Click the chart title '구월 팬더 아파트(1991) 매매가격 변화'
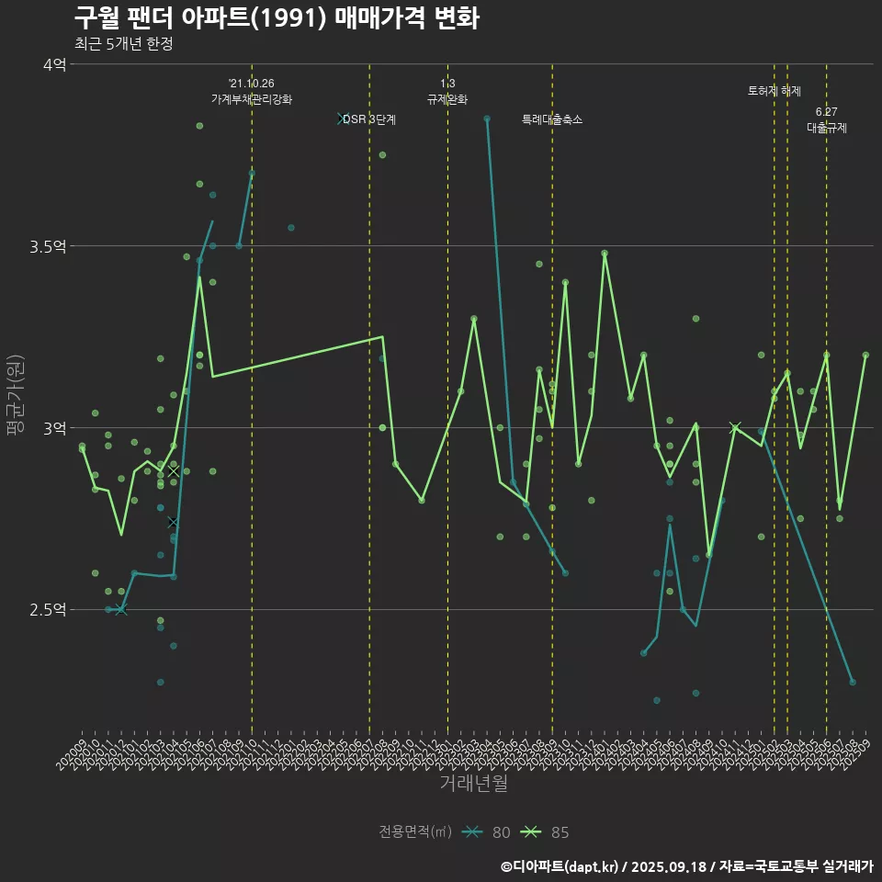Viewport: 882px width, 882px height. click(276, 18)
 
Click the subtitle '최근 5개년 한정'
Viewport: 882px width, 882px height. click(123, 44)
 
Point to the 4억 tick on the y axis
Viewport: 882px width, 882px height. click(53, 64)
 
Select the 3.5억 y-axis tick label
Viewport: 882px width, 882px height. click(48, 246)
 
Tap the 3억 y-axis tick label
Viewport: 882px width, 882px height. click(53, 428)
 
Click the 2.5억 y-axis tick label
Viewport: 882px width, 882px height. click(48, 610)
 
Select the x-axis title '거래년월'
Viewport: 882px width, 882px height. click(473, 784)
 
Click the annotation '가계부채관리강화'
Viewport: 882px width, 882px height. click(252, 99)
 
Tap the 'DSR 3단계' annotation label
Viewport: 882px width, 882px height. click(369, 119)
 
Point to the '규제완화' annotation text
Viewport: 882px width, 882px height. click(447, 99)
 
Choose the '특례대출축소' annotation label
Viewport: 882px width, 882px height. click(552, 119)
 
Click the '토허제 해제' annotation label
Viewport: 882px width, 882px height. click(775, 91)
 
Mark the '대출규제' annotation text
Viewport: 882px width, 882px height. click(827, 129)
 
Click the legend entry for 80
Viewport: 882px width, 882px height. click(487, 832)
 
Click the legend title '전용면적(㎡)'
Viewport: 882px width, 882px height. click(415, 832)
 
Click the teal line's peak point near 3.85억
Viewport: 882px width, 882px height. click(487, 119)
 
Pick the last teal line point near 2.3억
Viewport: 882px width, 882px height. click(853, 682)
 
